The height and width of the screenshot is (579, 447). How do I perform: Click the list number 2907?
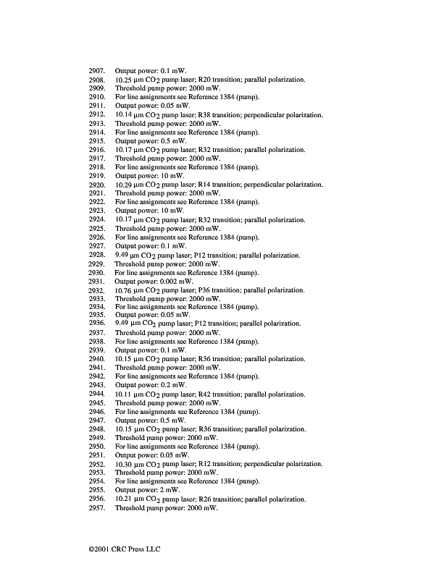tap(97, 71)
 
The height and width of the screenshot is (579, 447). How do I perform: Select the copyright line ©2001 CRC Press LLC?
tap(120, 549)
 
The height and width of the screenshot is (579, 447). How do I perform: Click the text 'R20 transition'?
tap(220, 80)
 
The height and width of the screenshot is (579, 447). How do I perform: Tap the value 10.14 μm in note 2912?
tap(131, 115)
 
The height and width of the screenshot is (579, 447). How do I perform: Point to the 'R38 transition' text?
tap(220, 115)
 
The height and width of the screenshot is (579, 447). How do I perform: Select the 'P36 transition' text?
tap(220, 290)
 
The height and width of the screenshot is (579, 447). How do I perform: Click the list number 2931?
tap(97, 281)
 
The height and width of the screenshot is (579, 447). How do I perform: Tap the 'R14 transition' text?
tap(220, 185)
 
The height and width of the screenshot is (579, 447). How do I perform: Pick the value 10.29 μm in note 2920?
tap(131, 185)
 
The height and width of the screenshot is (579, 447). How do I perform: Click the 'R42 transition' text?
tap(220, 394)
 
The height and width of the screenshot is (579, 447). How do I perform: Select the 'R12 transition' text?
tap(220, 465)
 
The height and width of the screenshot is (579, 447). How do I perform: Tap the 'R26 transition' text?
tap(220, 499)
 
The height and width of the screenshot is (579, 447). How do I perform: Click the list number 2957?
tap(97, 508)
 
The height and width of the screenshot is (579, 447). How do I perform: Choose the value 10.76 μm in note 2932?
tap(131, 290)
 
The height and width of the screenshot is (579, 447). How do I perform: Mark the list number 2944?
tap(97, 394)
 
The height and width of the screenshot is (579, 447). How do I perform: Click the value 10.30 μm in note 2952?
tap(131, 465)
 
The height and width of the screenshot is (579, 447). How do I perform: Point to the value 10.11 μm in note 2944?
tap(131, 394)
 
